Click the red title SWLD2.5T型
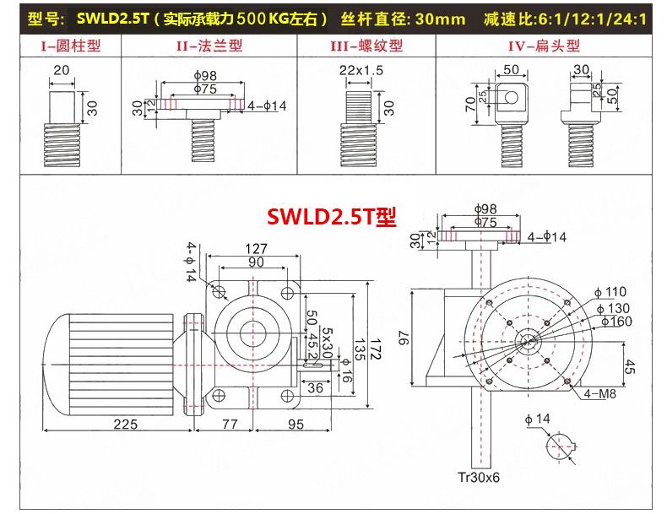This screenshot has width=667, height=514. [x=331, y=216]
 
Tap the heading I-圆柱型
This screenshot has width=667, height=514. [x=71, y=46]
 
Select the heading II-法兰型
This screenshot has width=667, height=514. [x=209, y=46]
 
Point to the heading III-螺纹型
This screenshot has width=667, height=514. [x=366, y=46]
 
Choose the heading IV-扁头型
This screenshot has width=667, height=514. [x=544, y=46]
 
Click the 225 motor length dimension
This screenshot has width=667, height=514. [x=126, y=424]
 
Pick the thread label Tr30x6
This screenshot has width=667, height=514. [x=479, y=478]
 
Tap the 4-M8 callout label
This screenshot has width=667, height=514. [x=599, y=393]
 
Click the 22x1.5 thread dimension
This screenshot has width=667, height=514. [x=361, y=70]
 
